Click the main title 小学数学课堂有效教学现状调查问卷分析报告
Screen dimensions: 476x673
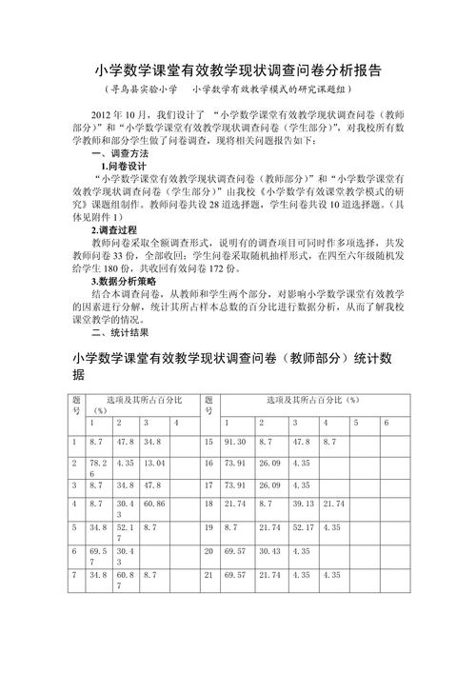(238, 70)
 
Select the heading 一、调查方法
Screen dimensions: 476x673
(119, 153)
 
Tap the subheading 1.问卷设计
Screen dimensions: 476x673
(121, 166)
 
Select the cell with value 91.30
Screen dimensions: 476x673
(235, 443)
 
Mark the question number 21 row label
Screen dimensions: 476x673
(209, 576)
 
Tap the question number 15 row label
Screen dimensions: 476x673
(209, 443)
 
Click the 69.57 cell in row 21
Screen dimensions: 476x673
(235, 576)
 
